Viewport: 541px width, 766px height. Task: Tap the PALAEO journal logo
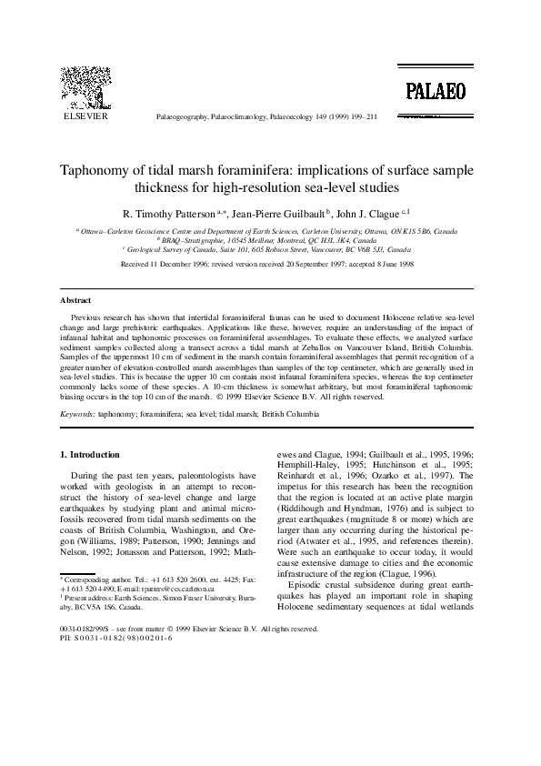(436, 89)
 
